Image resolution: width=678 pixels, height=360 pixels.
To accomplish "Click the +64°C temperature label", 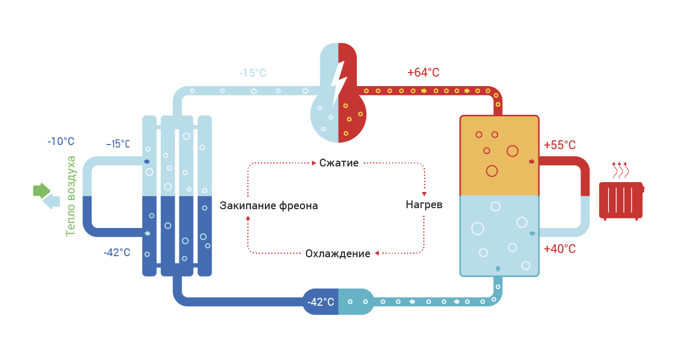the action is point(423,73).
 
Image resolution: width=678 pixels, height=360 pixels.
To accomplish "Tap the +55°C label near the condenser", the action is point(560,145).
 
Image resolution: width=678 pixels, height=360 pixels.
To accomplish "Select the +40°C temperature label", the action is point(560,249).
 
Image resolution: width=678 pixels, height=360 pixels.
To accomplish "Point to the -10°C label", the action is point(61,141).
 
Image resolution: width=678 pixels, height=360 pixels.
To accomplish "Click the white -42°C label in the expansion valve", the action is point(321,302).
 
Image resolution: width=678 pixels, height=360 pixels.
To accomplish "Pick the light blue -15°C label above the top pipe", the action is point(253,73).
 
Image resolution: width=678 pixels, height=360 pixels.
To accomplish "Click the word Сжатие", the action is point(338,163).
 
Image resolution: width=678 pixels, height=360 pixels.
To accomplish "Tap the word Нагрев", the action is point(424,205).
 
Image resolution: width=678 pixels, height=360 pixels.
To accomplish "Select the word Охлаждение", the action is point(337,254).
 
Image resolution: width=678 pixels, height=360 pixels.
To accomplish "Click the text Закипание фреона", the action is point(269,206).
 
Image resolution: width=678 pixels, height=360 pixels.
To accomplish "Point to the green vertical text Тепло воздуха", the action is point(70,196).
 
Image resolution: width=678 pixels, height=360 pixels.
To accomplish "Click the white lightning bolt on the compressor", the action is point(338,83).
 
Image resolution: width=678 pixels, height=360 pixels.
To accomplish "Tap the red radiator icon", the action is point(621,201).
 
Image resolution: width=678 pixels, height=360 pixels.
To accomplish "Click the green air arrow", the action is point(41,191).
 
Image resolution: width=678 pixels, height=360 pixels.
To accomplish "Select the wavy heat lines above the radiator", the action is point(620,170).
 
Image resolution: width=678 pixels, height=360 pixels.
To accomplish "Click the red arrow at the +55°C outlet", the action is point(532,162).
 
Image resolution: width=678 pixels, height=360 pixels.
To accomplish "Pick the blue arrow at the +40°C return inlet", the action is point(532,233).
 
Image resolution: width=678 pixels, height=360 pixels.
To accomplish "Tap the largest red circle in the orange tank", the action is point(512,151).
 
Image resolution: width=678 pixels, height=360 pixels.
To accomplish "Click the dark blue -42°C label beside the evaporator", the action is point(117,253).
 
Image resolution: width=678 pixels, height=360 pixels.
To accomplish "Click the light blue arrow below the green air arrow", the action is point(52,201).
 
